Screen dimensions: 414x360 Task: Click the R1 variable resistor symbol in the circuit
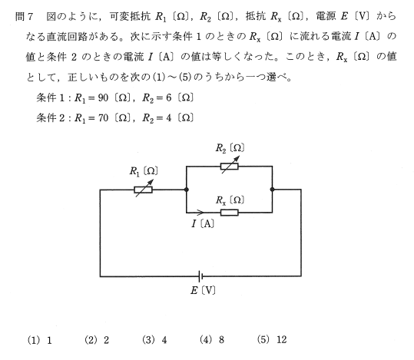point(144,190)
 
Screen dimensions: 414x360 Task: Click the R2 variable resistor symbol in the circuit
point(230,167)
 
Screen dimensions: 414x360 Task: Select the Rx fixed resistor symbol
point(230,213)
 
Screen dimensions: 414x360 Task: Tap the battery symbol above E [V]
point(200,276)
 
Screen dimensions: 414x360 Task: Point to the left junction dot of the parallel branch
point(187,190)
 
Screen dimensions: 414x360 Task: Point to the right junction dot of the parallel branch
point(272,190)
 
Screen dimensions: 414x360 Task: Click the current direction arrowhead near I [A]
point(200,212)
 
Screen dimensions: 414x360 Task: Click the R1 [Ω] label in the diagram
point(144,171)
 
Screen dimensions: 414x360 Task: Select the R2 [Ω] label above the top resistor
point(230,148)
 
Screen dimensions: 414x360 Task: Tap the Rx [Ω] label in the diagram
point(230,200)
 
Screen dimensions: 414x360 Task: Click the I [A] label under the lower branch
point(203,224)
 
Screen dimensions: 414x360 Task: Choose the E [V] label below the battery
point(203,291)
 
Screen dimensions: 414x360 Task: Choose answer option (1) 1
point(40,340)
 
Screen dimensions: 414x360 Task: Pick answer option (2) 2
point(97,340)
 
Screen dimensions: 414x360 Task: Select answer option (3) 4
point(154,340)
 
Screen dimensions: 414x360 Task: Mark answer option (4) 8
point(212,340)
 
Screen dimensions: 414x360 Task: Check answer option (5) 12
point(272,340)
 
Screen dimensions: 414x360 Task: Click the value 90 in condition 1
point(103,98)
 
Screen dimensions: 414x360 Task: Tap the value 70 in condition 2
point(103,117)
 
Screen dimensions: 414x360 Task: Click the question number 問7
point(24,17)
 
